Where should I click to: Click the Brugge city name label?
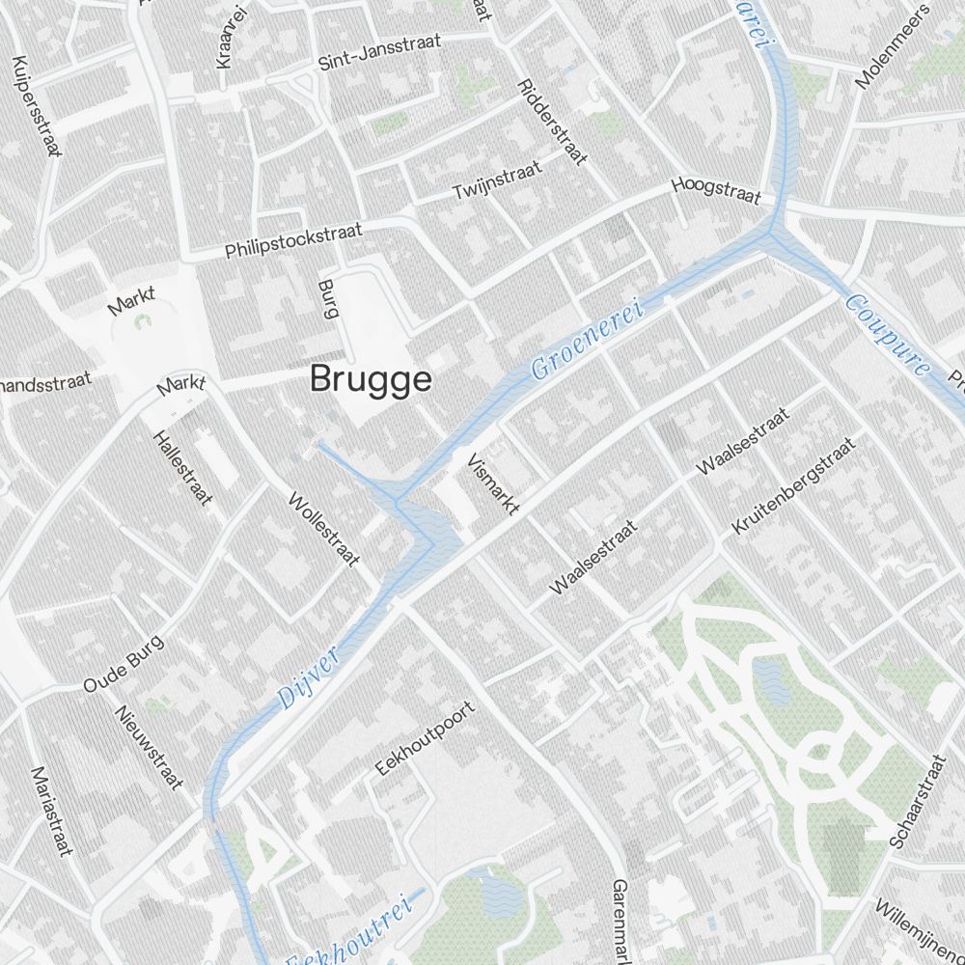click(x=371, y=379)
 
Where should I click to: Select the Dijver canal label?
click(x=309, y=680)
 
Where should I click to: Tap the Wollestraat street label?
click(x=324, y=529)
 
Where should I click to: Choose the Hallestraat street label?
click(x=181, y=468)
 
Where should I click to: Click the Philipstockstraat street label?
click(x=293, y=240)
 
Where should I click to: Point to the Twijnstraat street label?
click(x=497, y=179)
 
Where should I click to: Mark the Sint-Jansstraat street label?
click(x=379, y=52)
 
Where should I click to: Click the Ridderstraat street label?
click(x=552, y=121)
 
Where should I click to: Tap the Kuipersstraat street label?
click(x=37, y=106)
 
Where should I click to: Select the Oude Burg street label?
click(x=124, y=664)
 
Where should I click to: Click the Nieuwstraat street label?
click(x=148, y=746)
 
